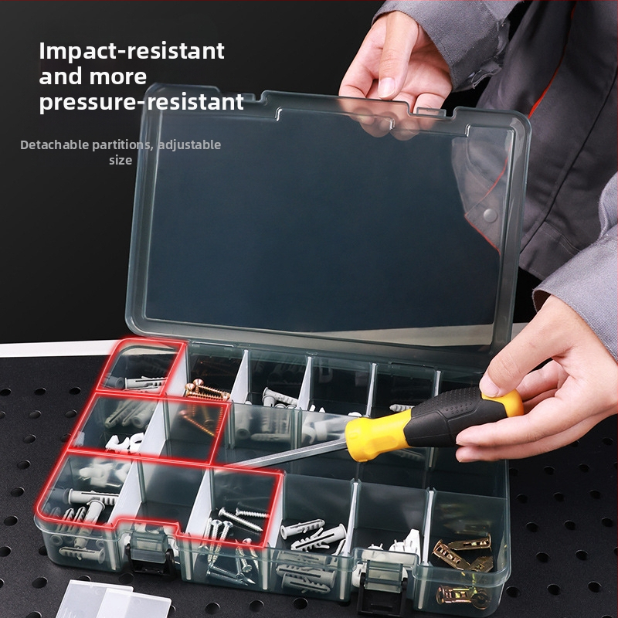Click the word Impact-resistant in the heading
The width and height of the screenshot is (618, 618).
pos(131,51)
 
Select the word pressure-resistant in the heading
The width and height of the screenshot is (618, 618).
pos(141,103)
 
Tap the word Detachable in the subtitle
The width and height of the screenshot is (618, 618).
pos(55,144)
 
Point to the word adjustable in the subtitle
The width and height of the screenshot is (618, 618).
pos(189,145)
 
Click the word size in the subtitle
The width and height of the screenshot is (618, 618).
pos(121,160)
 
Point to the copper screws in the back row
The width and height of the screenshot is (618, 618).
pos(206,390)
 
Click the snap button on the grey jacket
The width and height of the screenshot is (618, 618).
pos(490,215)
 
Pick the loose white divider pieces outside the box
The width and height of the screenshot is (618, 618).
pos(114,599)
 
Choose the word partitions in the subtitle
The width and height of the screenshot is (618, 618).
pos(122,145)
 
